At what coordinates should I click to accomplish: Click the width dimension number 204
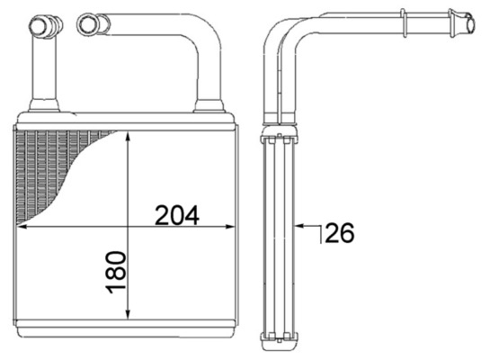[176, 215]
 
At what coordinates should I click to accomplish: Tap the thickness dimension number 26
[339, 233]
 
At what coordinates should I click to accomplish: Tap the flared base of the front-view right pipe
[209, 106]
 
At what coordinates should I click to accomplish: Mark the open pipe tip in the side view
[470, 17]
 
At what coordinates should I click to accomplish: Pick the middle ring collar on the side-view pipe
[404, 17]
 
